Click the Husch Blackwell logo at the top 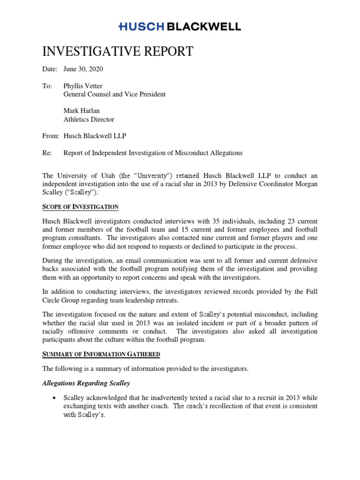point(180,27)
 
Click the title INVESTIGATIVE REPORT point(118,51)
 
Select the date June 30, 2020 point(83,69)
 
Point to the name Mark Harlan point(82,111)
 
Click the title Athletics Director point(89,119)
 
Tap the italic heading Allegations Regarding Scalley point(86,383)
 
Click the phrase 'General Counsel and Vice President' point(114,94)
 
